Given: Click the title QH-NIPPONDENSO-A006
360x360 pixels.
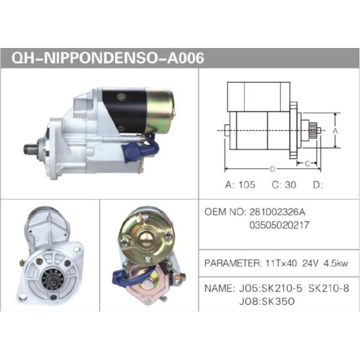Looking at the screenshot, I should point(108,58).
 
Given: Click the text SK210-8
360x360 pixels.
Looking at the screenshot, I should point(329,288).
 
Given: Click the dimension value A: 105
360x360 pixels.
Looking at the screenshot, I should point(240,185).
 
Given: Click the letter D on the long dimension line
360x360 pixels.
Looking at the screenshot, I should point(272,169).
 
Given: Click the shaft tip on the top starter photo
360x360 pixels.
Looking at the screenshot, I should point(27,148).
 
